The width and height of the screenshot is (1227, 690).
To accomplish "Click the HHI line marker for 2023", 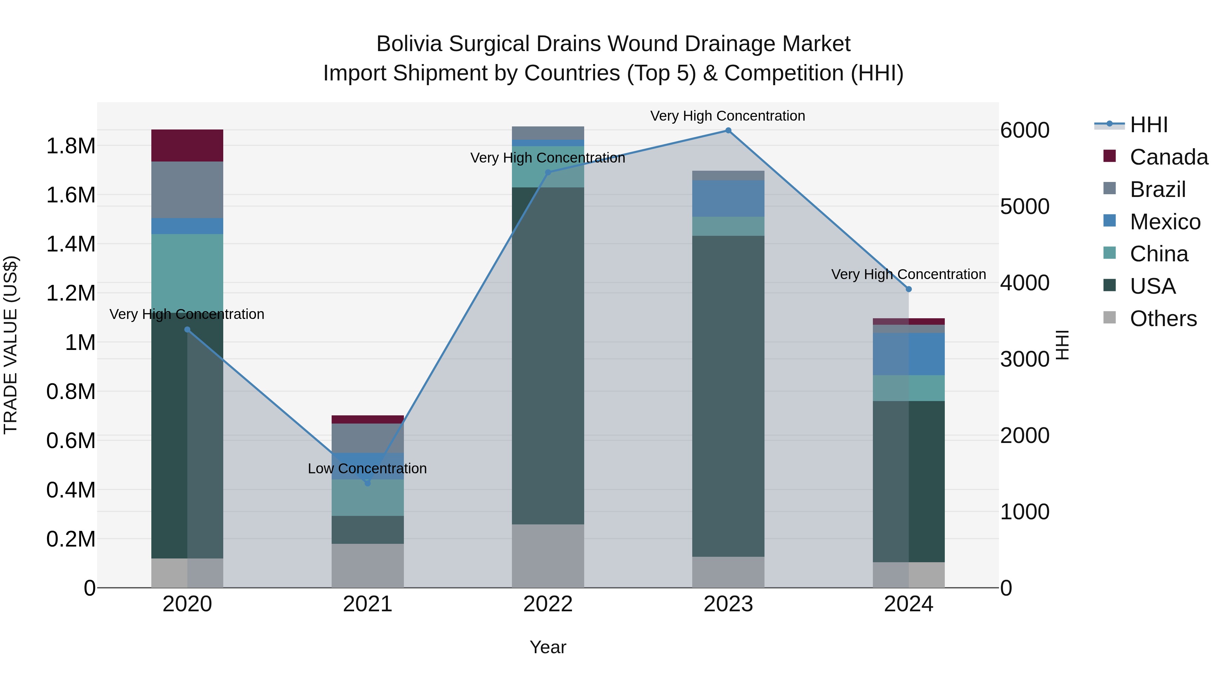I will tap(728, 131).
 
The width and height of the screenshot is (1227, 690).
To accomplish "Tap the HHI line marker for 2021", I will tap(367, 483).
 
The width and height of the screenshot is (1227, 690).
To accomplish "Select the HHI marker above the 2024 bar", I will tap(908, 289).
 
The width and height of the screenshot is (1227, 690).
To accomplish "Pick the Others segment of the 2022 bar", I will tap(548, 556).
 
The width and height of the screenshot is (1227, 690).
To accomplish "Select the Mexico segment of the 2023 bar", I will tap(728, 199).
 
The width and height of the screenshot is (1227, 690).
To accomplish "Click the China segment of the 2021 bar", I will tap(367, 497).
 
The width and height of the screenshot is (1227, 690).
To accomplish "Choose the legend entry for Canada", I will tap(1168, 157).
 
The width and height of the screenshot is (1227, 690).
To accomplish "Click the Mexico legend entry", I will tap(1165, 222).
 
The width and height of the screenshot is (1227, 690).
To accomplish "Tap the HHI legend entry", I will tap(1148, 125).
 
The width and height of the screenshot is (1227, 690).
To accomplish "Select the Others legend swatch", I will tap(1109, 318).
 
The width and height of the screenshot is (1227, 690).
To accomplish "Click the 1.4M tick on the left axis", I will tap(71, 244).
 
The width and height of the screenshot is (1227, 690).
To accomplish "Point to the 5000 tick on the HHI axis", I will tap(1025, 207).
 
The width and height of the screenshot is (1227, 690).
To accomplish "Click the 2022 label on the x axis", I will tap(548, 604).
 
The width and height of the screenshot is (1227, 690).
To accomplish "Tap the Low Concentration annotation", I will tap(367, 469).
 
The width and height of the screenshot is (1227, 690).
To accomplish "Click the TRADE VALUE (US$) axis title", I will tap(11, 345).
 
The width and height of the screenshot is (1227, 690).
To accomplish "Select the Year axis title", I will tap(548, 647).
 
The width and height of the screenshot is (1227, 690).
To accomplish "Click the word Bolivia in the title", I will tap(409, 44).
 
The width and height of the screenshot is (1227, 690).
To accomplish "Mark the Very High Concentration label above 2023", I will tap(727, 116).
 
